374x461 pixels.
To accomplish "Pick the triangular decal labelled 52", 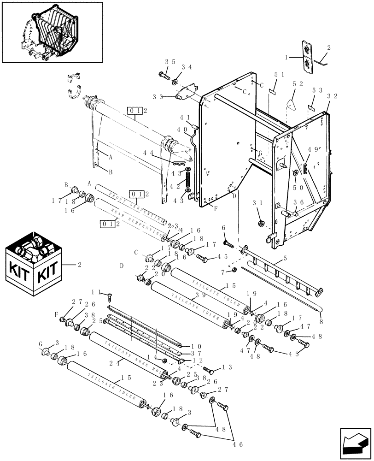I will pos(291,104).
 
